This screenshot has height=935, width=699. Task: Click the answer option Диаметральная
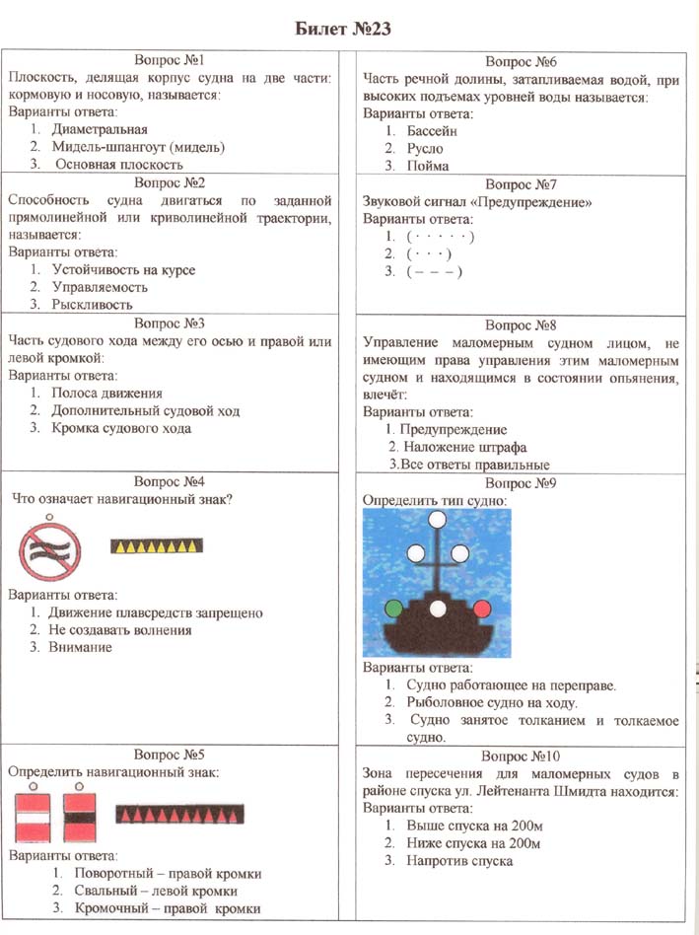(102, 129)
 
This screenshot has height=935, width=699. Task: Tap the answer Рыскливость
(101, 305)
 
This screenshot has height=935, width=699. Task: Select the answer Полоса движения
(107, 393)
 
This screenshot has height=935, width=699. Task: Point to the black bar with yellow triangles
(157, 544)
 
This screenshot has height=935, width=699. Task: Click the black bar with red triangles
(180, 813)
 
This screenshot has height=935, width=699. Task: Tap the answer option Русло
(429, 148)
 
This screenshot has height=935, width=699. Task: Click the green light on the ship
(394, 607)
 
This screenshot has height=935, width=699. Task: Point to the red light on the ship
(482, 607)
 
